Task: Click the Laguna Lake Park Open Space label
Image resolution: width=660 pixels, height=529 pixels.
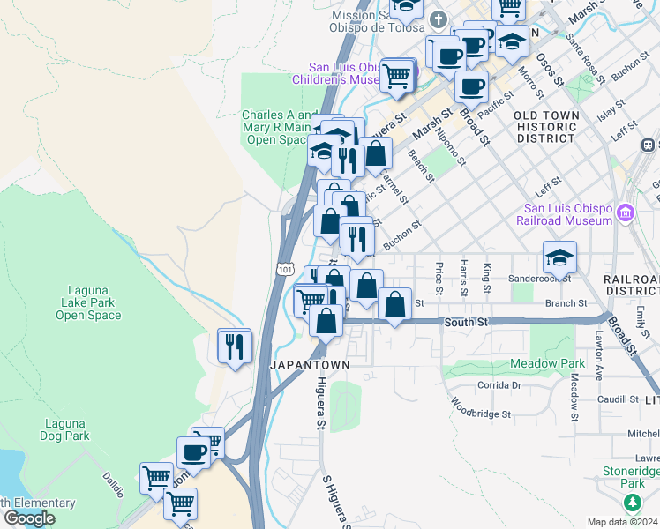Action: [x=91, y=302]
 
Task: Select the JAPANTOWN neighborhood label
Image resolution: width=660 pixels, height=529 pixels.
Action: [x=310, y=364]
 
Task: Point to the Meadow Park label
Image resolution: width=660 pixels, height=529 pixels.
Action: [x=547, y=363]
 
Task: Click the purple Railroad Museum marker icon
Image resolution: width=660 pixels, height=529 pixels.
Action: [x=626, y=212]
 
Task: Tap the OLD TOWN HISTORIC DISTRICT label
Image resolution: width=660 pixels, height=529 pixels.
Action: [x=547, y=127]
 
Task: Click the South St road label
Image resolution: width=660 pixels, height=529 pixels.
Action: [x=466, y=323]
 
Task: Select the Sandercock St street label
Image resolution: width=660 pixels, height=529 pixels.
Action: [x=540, y=278]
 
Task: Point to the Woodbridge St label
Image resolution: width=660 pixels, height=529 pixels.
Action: [x=481, y=408]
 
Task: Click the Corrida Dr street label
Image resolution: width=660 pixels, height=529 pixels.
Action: [x=500, y=385]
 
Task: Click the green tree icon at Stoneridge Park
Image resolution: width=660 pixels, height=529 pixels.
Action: [x=632, y=503]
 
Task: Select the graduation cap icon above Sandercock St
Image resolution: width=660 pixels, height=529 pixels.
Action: [x=559, y=257]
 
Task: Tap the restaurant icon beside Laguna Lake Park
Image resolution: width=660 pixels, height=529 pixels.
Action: [x=234, y=345]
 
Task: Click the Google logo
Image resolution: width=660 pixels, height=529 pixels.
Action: [x=29, y=518]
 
